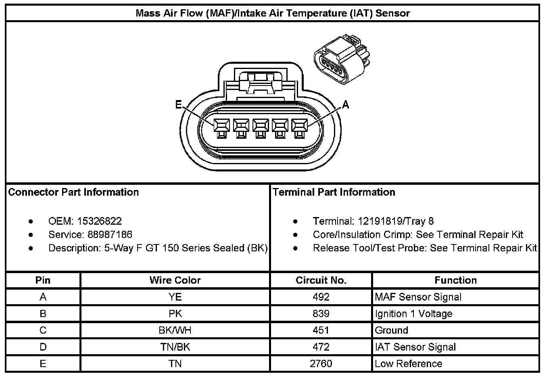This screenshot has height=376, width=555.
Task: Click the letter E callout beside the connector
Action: (178, 105)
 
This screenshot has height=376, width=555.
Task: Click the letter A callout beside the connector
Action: (345, 105)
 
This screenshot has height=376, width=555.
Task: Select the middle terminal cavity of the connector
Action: (261, 129)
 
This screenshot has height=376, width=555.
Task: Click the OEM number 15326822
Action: (99, 221)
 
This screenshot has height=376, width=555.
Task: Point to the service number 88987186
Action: (110, 234)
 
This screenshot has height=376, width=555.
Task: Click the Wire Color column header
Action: (175, 280)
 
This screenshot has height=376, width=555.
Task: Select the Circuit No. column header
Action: (321, 280)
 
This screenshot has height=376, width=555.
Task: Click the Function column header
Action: (455, 280)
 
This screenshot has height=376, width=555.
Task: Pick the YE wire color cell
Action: (175, 297)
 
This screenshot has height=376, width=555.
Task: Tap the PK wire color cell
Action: (175, 313)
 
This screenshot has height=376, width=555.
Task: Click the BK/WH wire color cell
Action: (175, 330)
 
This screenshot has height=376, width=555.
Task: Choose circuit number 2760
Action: (321, 363)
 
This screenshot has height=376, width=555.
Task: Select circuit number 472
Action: (321, 347)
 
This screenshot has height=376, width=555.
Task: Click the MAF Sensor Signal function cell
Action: (418, 297)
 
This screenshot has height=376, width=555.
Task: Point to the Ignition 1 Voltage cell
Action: (413, 313)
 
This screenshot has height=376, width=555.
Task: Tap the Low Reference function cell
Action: (408, 363)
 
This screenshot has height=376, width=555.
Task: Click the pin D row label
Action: (43, 347)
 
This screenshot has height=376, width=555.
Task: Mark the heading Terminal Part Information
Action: (334, 192)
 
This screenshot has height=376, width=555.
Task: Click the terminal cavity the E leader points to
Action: (221, 129)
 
